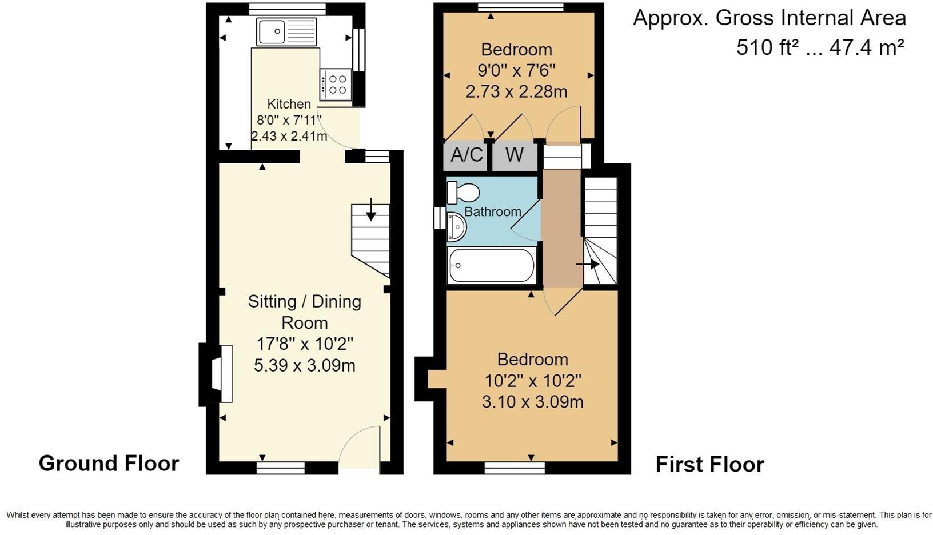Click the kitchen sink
coord(286,32)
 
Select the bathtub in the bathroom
coord(492,266)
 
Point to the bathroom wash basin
coord(456,227)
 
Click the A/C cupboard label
coord(466,155)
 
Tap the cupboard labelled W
coord(515,155)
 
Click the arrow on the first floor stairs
coord(588,264)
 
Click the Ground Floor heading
coord(109,463)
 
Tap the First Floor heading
coord(709,464)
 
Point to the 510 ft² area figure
coord(767,47)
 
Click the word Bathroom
coord(493,212)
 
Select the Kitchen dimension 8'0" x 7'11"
coord(289,120)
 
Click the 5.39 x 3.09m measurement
coord(305,365)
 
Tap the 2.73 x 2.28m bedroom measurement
coord(516,91)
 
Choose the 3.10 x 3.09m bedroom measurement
coord(532,402)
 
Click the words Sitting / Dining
coord(305,301)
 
